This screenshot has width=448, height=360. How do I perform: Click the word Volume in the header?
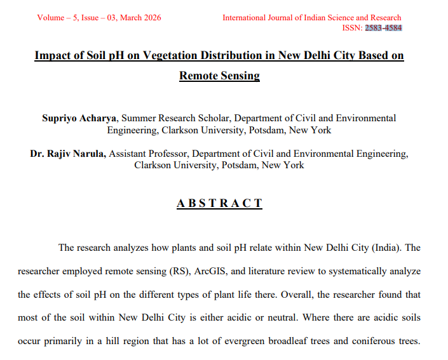point(51,18)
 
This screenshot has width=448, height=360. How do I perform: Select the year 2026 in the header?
point(151,18)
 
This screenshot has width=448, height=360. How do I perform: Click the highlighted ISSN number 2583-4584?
point(383,28)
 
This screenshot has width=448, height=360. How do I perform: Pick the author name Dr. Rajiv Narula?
point(69,154)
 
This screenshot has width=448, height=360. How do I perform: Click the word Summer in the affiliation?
point(136,118)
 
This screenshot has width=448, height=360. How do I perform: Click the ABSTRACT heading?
point(219,204)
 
